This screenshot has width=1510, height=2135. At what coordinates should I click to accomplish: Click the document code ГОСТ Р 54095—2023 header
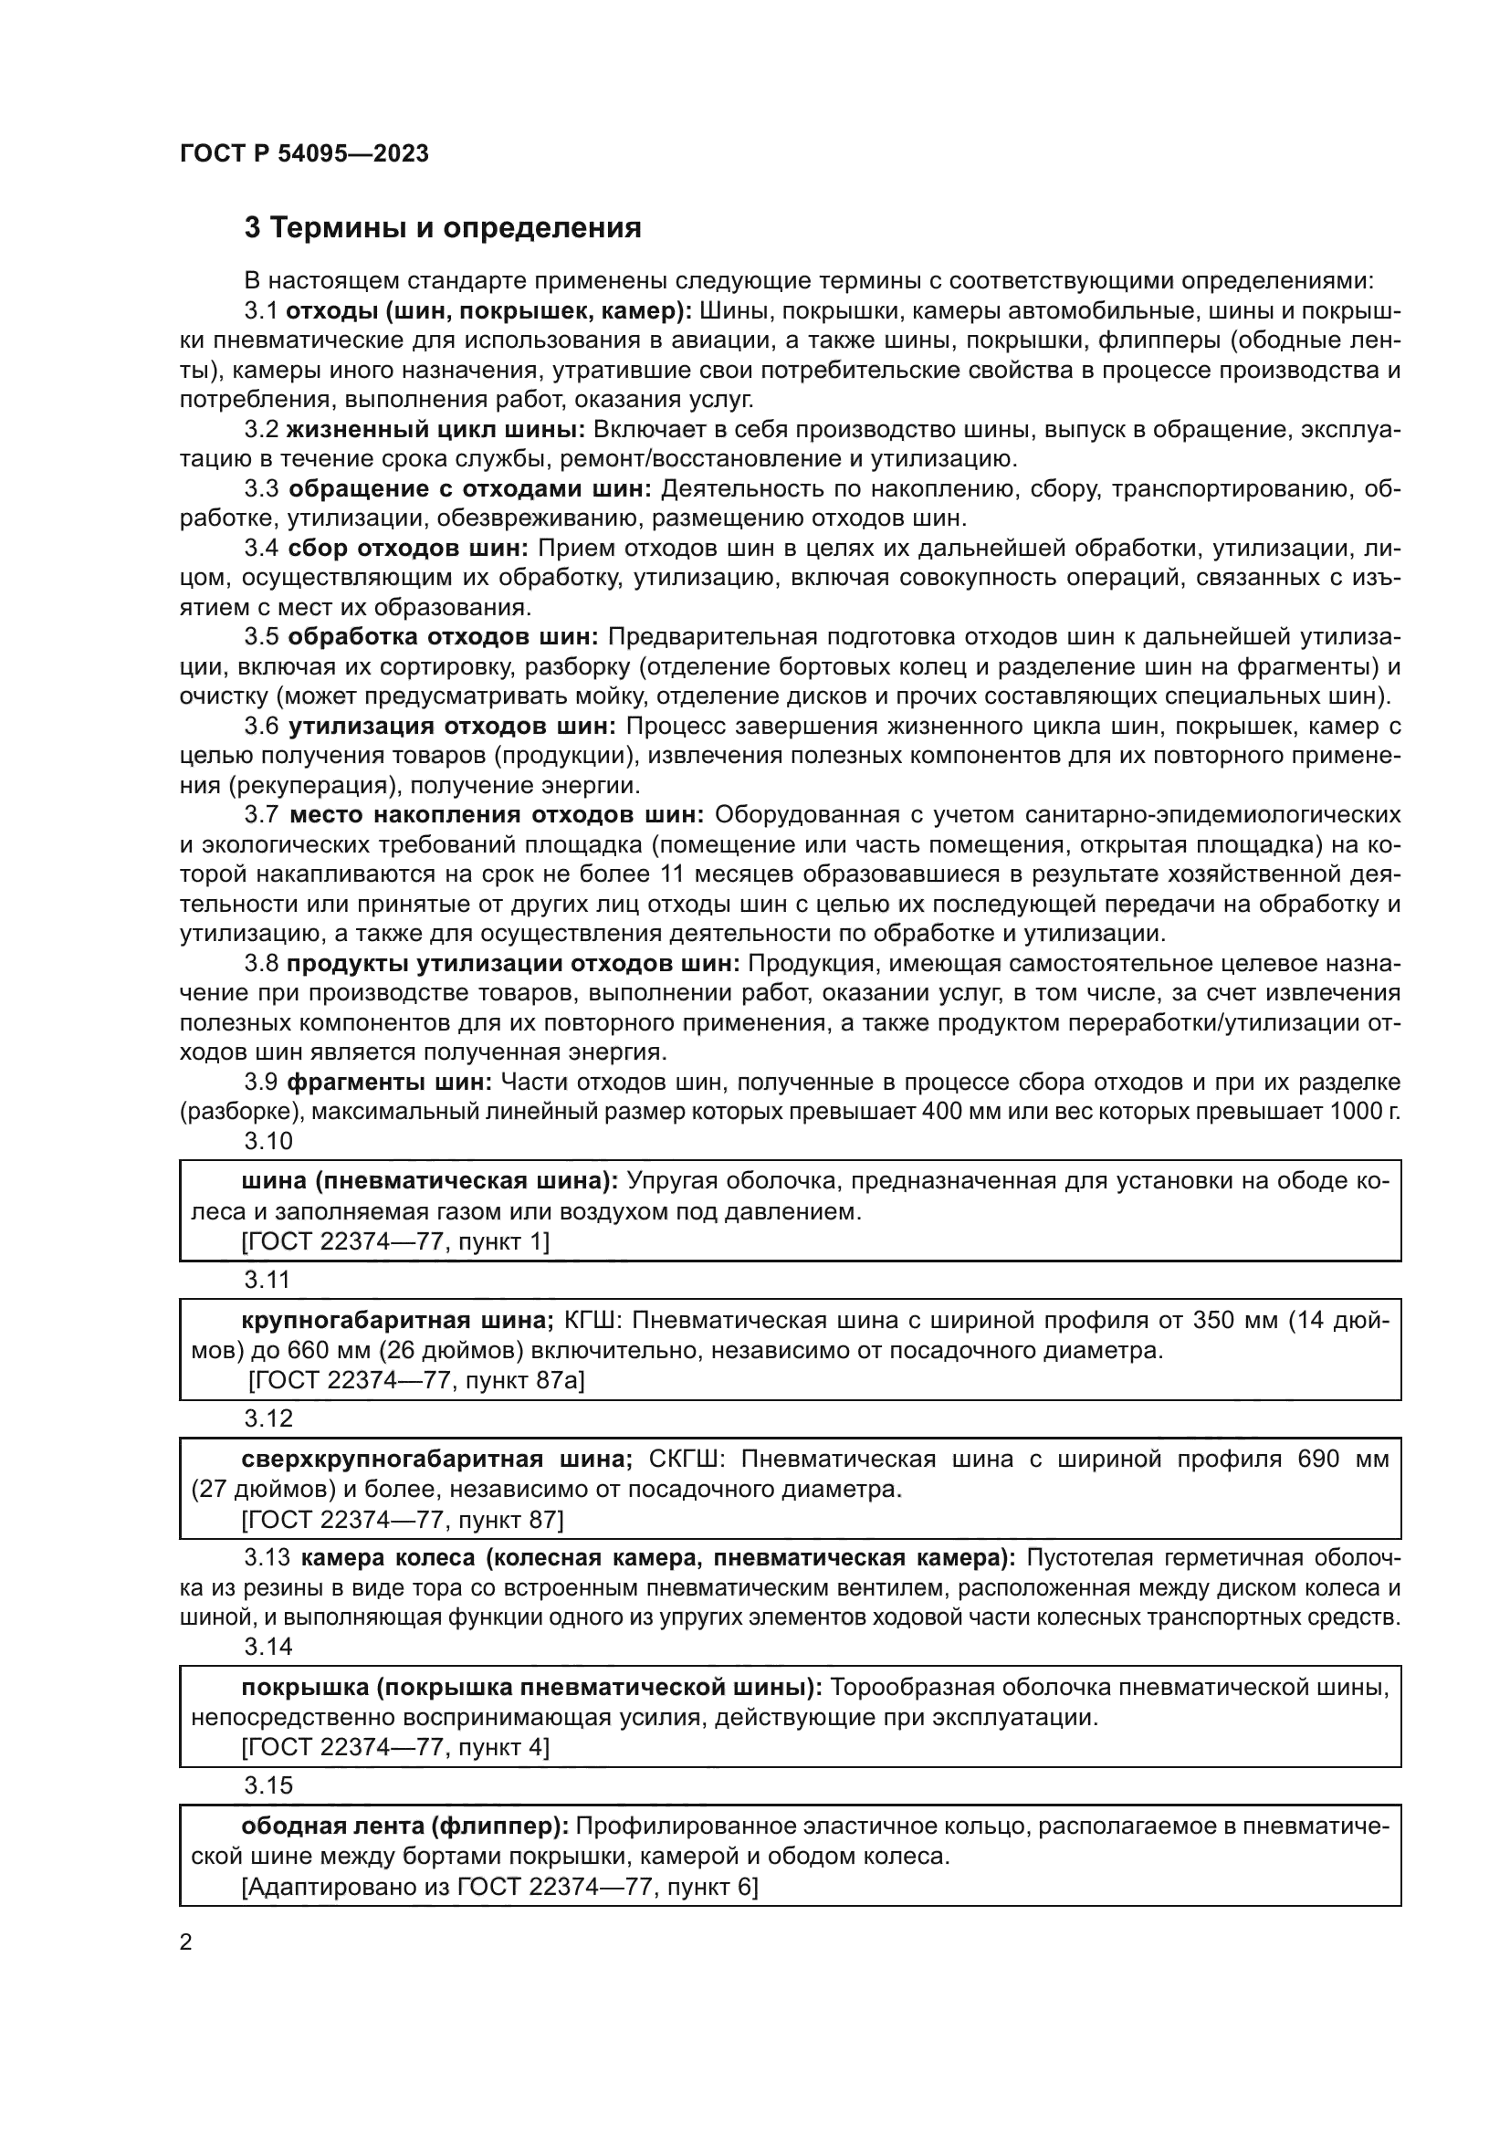coord(304,153)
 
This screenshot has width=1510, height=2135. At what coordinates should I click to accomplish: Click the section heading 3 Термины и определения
coord(443,228)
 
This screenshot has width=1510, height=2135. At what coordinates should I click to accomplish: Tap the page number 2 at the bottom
coord(186,1941)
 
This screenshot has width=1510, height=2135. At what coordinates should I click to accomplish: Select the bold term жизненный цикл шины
coord(435,430)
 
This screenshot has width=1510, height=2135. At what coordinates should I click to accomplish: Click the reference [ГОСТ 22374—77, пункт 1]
coord(395,1241)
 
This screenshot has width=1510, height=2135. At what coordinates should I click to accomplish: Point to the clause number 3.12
coord(267,1418)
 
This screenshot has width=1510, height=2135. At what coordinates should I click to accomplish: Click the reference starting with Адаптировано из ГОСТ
coord(499,1887)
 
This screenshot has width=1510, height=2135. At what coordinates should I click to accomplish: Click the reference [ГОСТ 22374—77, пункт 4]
coord(395,1747)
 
